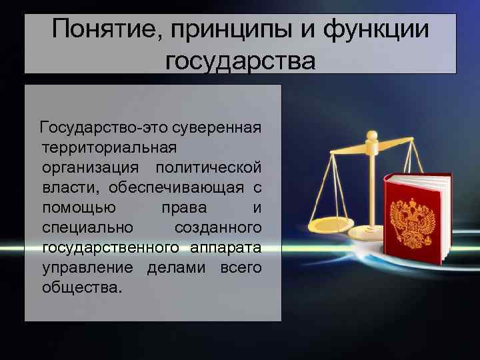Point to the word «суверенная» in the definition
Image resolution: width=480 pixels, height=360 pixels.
coord(216,126)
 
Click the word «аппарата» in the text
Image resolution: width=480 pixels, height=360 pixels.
coord(226,248)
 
